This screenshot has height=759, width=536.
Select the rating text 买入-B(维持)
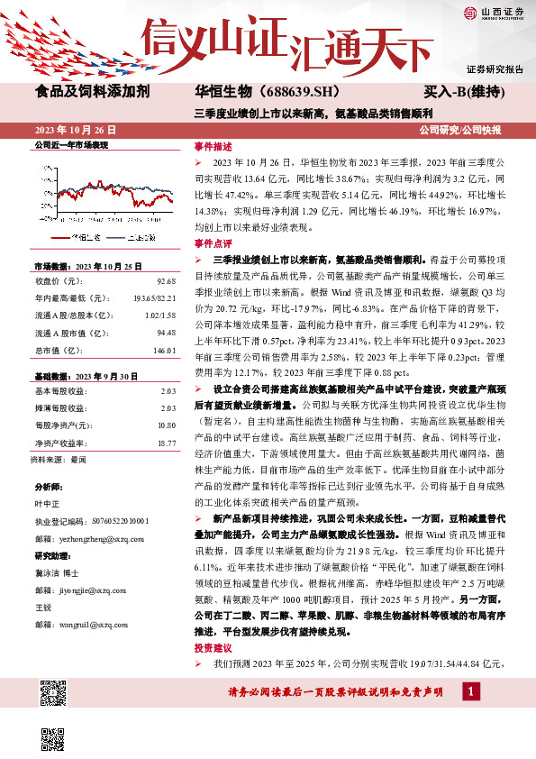pos(461,92)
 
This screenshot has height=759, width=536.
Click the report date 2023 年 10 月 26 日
pos(77,130)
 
